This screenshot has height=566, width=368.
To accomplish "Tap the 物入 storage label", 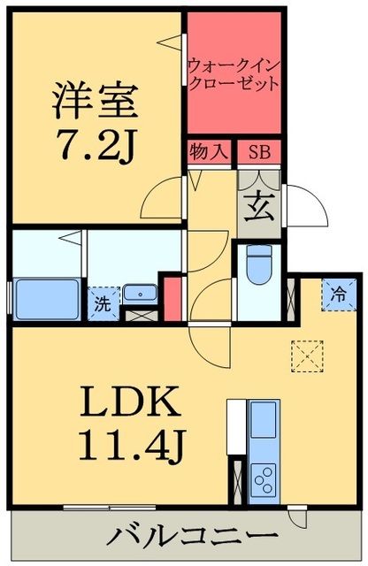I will coord(209,152).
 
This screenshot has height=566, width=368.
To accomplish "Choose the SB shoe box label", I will coord(258,152).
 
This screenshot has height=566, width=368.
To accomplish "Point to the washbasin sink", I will coord(139,293).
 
